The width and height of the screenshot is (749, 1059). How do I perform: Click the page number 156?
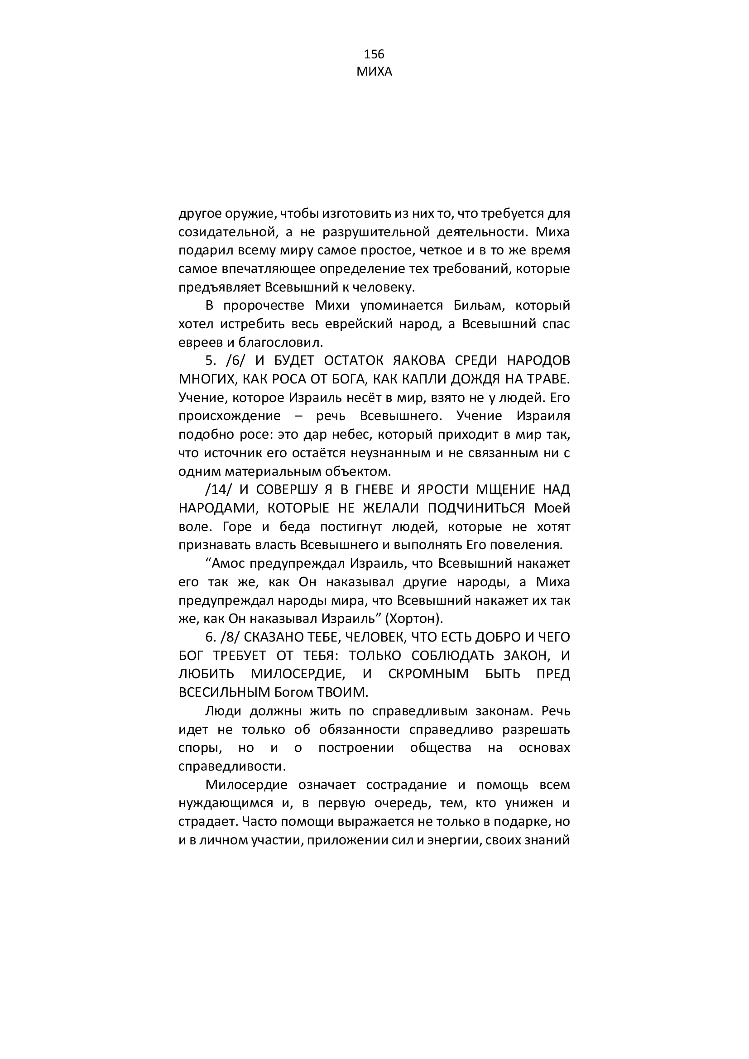coord(374,54)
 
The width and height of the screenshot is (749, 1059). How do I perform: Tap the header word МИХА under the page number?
coord(374,72)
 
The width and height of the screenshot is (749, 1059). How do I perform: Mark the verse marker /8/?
coord(228,637)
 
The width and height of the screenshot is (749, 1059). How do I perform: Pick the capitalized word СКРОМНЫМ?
coord(428,674)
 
